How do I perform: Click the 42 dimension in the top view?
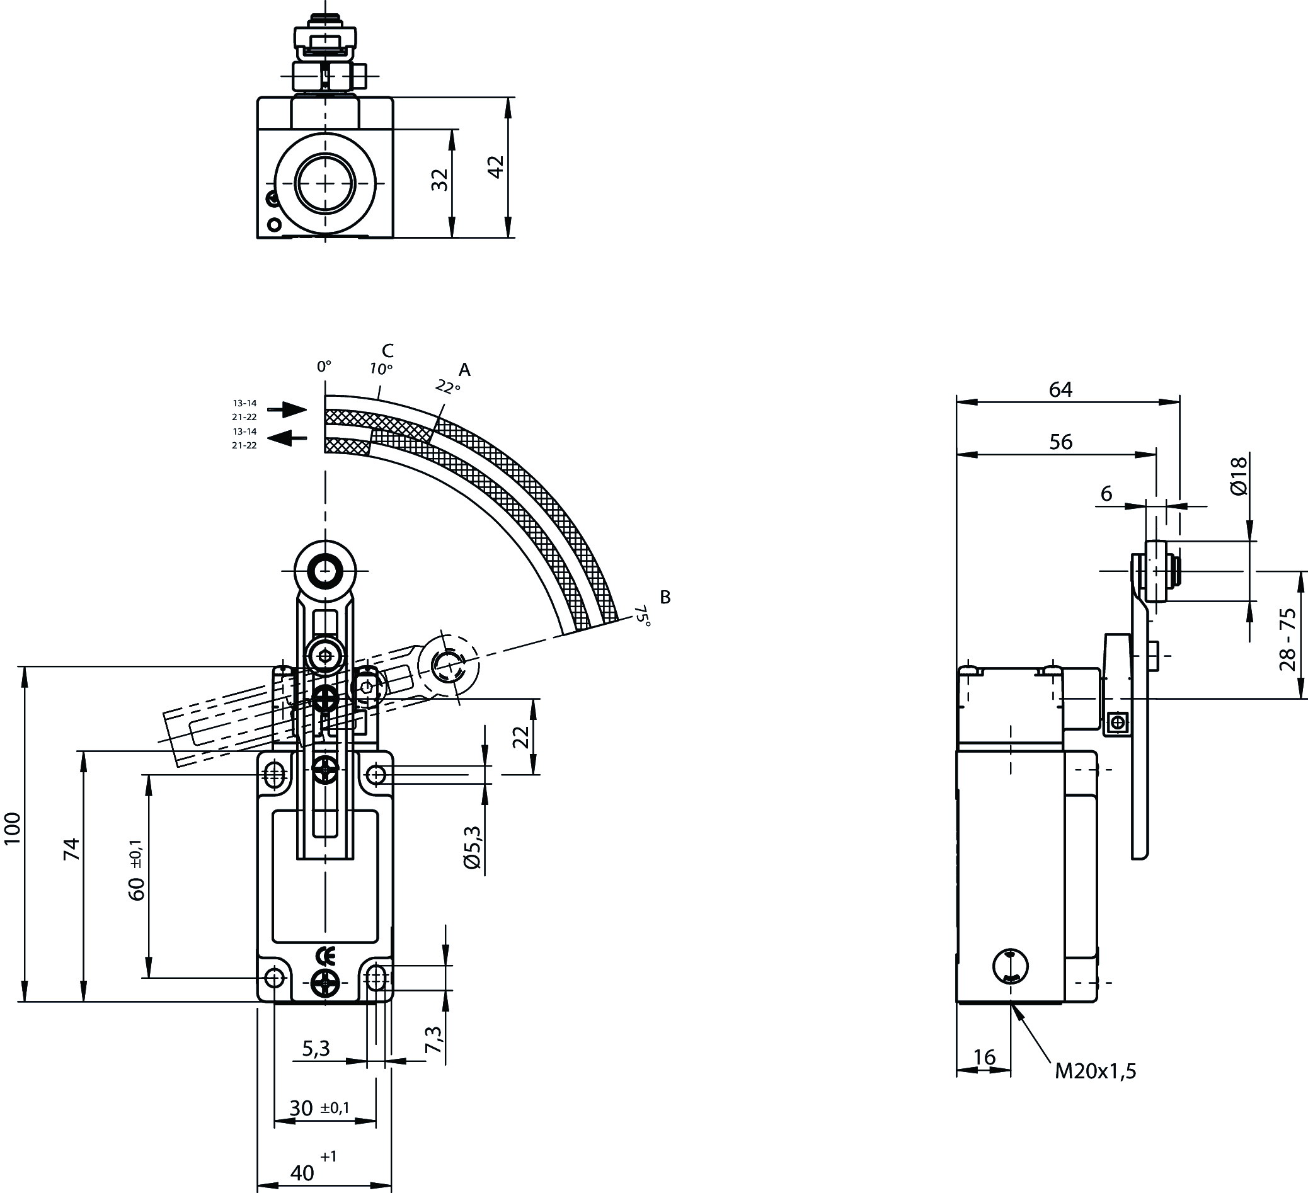pyautogui.click(x=496, y=167)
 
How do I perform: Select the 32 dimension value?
pyautogui.click(x=440, y=180)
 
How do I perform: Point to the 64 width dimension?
pyautogui.click(x=1061, y=389)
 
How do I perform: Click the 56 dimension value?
pyautogui.click(x=1061, y=442)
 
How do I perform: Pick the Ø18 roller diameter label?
pyautogui.click(x=1239, y=476)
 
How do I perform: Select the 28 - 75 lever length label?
pyautogui.click(x=1288, y=639)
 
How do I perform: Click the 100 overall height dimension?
pyautogui.click(x=13, y=828)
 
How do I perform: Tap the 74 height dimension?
pyautogui.click(x=71, y=849)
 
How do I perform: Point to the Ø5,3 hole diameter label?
pyautogui.click(x=473, y=847)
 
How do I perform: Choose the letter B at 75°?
pyautogui.click(x=665, y=597)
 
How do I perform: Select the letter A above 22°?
pyautogui.click(x=464, y=370)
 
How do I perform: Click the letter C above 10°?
pyautogui.click(x=387, y=351)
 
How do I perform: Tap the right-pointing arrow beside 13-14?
pyautogui.click(x=286, y=409)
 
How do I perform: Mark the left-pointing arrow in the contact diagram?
pyautogui.click(x=286, y=438)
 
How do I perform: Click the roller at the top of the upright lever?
pyautogui.click(x=325, y=571)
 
